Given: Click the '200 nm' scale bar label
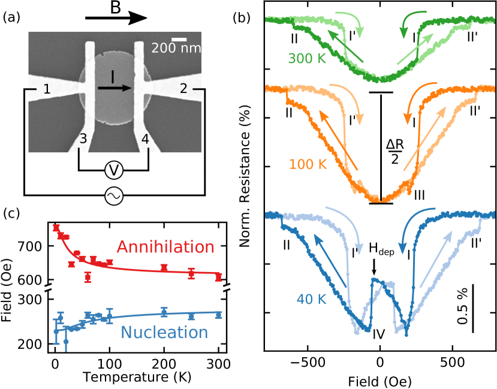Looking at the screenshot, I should click(175, 48).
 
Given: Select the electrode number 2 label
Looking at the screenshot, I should click(183, 89).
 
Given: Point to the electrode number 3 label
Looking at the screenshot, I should click(83, 140).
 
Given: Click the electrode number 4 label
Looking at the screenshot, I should click(144, 140).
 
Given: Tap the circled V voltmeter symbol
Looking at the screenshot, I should click(114, 170).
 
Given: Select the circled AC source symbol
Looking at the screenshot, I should click(114, 196).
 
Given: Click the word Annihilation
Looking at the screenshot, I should click(165, 247).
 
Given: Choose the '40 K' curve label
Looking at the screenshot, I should click(311, 299).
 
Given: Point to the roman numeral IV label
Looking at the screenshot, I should click(378, 333).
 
